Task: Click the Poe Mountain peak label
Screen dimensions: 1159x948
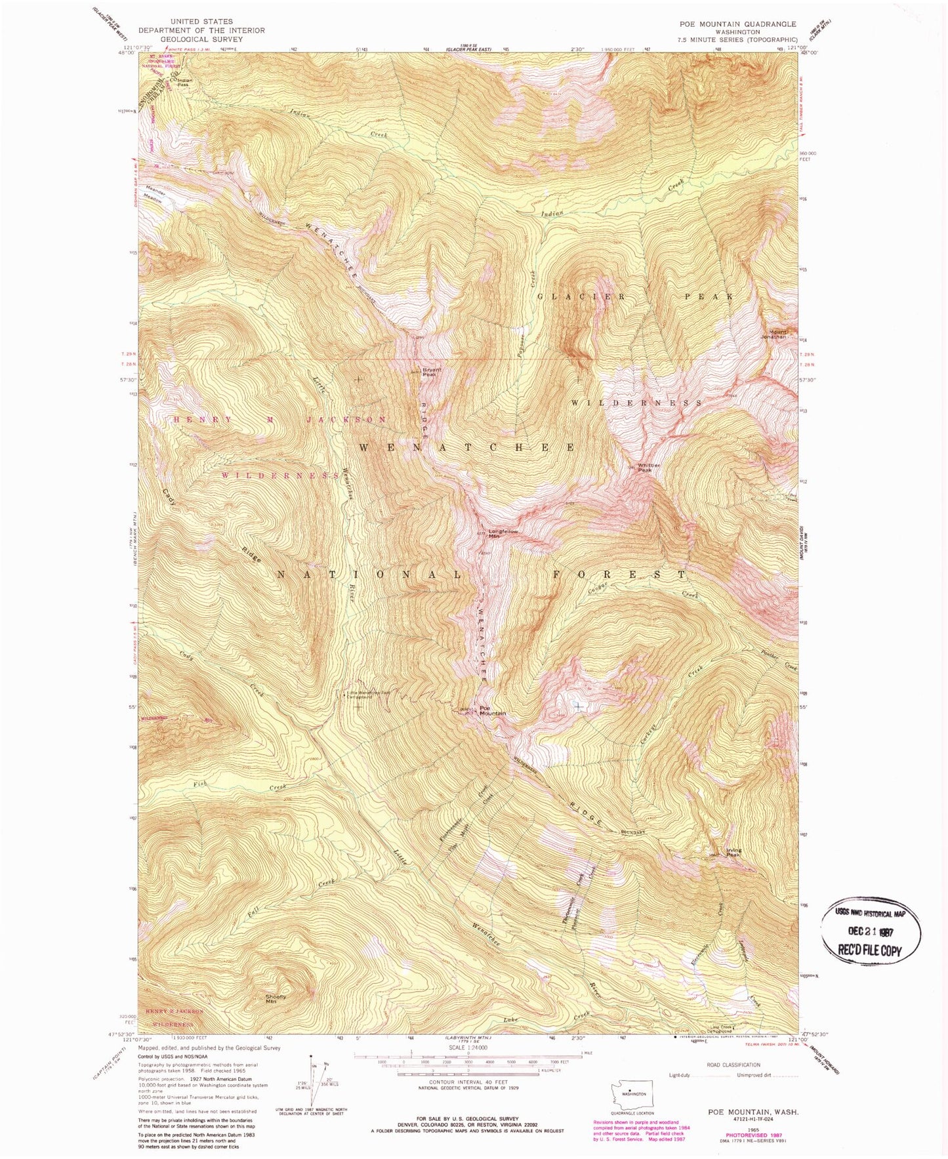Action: (x=492, y=710)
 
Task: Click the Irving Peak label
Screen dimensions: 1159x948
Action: (x=733, y=853)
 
